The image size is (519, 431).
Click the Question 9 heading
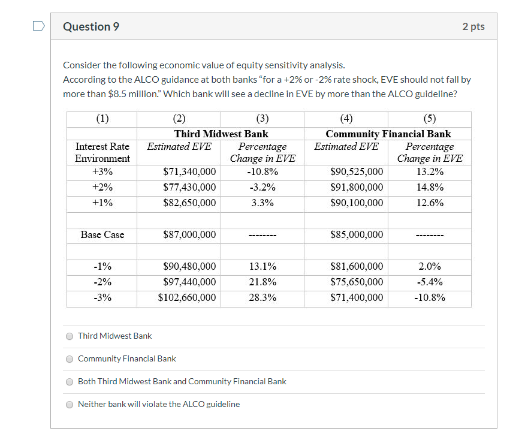click(x=91, y=26)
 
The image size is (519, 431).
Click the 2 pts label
click(x=473, y=26)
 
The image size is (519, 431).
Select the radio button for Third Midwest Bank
click(x=70, y=336)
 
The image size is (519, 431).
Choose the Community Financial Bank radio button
click(x=70, y=359)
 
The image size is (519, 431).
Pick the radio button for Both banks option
click(x=70, y=382)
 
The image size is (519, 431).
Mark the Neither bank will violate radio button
click(x=70, y=405)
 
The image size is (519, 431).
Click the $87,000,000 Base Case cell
click(x=189, y=234)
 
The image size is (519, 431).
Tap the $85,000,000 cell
click(x=357, y=234)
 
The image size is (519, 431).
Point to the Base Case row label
click(x=102, y=234)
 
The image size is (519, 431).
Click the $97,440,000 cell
click(x=189, y=282)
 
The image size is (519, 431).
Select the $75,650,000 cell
click(x=357, y=282)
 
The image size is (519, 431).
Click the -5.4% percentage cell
click(x=430, y=282)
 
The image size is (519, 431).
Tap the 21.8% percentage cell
click(x=262, y=282)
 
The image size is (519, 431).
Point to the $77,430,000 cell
click(x=189, y=187)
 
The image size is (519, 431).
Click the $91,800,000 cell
click(x=357, y=187)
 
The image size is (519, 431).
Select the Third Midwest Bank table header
click(x=221, y=134)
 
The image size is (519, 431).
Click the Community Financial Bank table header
click(x=388, y=134)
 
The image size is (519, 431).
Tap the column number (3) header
click(x=262, y=118)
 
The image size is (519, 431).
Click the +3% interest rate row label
click(x=102, y=171)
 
